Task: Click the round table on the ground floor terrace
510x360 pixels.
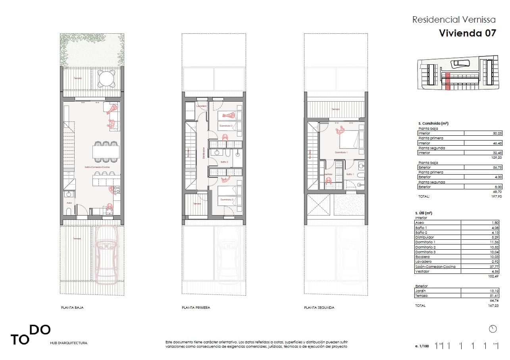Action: (x=107, y=79)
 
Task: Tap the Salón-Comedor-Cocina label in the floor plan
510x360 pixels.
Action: (x=97, y=167)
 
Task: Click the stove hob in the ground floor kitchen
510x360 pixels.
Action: (x=117, y=190)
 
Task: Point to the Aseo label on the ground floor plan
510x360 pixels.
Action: (x=69, y=203)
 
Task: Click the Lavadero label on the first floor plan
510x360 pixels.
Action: (x=202, y=106)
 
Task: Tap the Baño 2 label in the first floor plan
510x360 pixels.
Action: (x=224, y=162)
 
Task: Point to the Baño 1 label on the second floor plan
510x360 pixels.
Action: (x=350, y=174)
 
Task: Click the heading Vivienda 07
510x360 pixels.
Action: (x=467, y=33)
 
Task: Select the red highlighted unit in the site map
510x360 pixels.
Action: (x=447, y=81)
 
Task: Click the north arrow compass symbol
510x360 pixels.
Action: (x=493, y=329)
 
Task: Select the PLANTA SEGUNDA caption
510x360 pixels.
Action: (x=319, y=308)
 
